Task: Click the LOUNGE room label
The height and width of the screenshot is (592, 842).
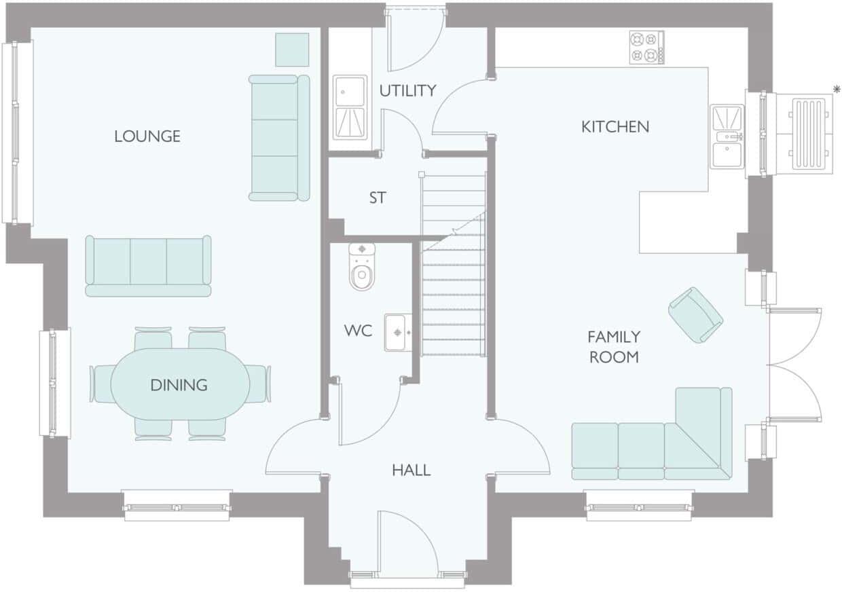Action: (147, 136)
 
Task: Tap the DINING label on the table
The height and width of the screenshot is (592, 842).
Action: (179, 386)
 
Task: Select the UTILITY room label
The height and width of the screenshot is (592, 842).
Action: (407, 90)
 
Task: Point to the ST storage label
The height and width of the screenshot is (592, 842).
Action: (378, 198)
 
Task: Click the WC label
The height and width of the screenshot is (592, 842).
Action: (358, 331)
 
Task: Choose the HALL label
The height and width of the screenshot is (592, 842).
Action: (411, 470)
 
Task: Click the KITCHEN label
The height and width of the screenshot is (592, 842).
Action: (615, 126)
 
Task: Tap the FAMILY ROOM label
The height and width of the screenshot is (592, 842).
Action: (614, 346)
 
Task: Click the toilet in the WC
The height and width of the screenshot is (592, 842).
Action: (362, 267)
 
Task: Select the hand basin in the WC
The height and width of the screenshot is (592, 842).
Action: (399, 332)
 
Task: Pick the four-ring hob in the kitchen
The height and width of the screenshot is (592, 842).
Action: (646, 48)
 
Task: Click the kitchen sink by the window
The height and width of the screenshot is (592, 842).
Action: (727, 136)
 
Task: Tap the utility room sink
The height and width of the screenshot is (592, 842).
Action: (350, 107)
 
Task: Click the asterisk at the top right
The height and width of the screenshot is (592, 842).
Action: (837, 89)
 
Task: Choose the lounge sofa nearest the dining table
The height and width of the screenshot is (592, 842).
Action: (148, 266)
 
